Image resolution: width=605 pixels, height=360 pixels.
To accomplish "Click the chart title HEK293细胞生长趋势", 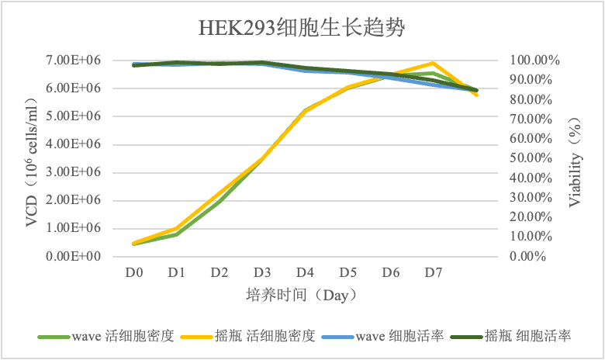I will pos(302,29).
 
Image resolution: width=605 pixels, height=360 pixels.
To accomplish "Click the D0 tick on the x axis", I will pos(134,272).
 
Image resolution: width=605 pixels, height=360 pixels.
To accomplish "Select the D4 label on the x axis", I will pos(305,272).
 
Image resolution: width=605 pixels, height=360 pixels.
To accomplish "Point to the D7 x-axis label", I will pos(434,272).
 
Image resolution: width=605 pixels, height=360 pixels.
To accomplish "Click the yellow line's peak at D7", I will pos(434,63).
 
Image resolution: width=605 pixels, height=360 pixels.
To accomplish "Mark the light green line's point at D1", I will pos(177,234).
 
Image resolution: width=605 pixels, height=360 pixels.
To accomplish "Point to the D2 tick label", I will pos(220,272).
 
